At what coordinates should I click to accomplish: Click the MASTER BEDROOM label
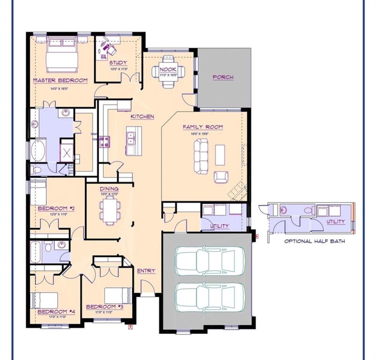[x=60, y=80]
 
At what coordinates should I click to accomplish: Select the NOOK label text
[x=168, y=69]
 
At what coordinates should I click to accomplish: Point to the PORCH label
[x=223, y=77]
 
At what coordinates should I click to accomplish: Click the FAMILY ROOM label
[x=203, y=127]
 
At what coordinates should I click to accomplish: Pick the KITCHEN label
[x=142, y=116]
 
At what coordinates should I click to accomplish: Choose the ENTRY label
[x=146, y=271]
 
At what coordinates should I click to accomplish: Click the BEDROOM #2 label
[x=56, y=208]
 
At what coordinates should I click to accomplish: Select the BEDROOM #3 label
[x=105, y=307]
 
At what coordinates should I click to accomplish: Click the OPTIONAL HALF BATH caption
[x=315, y=241]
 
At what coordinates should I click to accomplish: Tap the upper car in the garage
[x=205, y=261]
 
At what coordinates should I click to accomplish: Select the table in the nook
[x=168, y=71]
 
